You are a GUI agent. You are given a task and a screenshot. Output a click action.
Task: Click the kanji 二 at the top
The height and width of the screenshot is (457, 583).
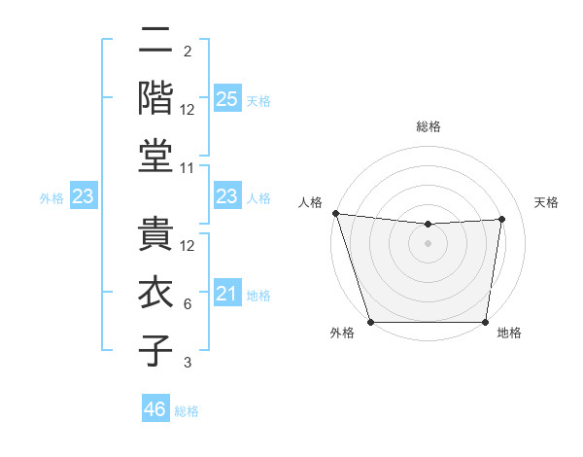tap(155, 42)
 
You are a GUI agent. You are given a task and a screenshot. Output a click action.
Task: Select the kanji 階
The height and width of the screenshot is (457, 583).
tap(155, 98)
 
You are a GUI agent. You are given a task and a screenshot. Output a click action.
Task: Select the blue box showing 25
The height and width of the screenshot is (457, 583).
tap(226, 99)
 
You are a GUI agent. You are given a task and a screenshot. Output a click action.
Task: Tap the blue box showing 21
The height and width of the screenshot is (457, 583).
tap(226, 294)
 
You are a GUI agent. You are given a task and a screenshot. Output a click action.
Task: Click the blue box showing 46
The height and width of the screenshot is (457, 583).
tap(155, 409)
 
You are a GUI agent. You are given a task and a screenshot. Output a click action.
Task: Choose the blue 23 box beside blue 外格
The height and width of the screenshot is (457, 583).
tap(84, 197)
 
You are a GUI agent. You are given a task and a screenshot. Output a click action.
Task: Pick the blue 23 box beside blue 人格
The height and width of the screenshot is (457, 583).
tap(226, 196)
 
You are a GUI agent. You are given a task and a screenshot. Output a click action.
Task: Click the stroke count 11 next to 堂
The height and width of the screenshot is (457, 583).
tap(189, 167)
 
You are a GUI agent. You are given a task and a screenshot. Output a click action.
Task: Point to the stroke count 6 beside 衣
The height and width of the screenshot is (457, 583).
tap(189, 304)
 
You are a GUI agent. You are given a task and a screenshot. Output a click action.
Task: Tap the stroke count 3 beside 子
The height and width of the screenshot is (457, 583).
tap(189, 363)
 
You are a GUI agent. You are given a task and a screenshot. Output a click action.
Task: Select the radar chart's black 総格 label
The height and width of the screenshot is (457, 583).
tap(429, 126)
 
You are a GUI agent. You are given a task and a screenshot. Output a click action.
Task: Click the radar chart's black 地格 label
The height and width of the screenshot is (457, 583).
tap(509, 333)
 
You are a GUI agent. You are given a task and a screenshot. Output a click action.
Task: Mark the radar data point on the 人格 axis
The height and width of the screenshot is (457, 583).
tap(335, 213)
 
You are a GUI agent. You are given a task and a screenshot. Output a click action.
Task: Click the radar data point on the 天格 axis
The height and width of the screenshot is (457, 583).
tap(502, 219)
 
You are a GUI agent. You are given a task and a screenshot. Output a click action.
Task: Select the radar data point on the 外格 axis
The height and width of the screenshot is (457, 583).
tap(370, 322)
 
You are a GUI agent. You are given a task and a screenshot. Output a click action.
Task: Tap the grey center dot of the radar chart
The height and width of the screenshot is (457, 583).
tap(429, 243)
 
